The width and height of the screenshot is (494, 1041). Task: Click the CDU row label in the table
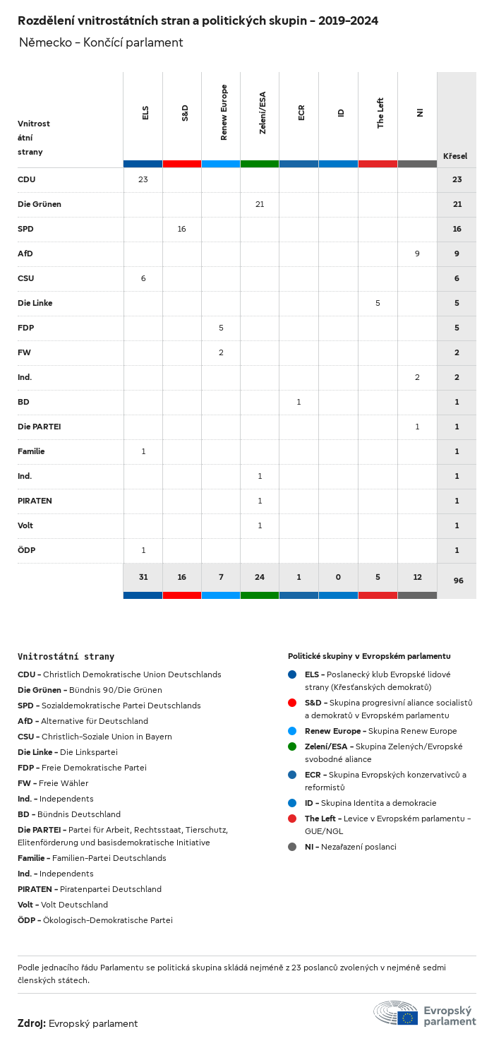[x=27, y=179]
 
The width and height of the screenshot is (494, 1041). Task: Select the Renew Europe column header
[x=224, y=113]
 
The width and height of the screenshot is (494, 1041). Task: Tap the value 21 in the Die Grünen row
[x=260, y=204]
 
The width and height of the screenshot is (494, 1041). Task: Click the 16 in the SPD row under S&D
[x=181, y=229]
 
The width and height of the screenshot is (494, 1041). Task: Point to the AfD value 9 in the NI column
[x=417, y=254]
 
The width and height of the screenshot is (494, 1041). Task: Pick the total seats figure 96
[x=458, y=581]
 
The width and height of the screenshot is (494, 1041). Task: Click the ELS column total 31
[x=143, y=577]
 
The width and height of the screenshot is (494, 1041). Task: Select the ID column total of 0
[x=338, y=577]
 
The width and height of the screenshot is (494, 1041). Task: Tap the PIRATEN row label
[x=35, y=501]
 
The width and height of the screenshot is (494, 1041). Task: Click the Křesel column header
[x=455, y=156]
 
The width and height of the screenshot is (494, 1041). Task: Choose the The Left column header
[x=380, y=113]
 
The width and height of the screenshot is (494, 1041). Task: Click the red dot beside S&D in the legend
[x=292, y=703]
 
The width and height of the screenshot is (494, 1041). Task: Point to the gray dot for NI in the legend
[x=292, y=847]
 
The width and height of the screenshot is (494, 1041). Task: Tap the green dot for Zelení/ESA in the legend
[x=292, y=746]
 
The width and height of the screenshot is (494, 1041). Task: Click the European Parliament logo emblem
[x=396, y=1013]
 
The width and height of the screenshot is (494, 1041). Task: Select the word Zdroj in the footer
[x=32, y=1023]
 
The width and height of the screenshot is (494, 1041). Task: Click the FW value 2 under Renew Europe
[x=221, y=352]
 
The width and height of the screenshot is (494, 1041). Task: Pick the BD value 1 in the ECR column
[x=299, y=402]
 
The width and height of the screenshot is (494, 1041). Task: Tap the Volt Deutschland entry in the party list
[x=63, y=905]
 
